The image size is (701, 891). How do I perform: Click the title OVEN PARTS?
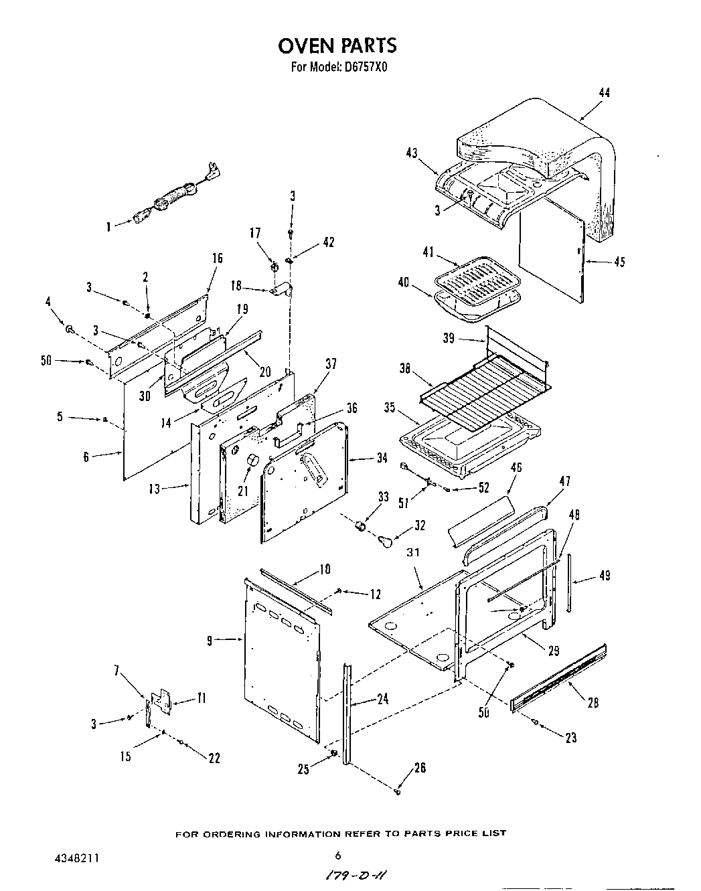pyautogui.click(x=337, y=46)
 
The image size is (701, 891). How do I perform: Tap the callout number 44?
pyautogui.click(x=604, y=93)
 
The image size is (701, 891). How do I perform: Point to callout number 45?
pyautogui.click(x=619, y=262)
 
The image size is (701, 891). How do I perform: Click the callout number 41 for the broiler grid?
pyautogui.click(x=429, y=252)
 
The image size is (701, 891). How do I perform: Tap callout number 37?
pyautogui.click(x=330, y=364)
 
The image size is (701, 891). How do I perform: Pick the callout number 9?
pyautogui.click(x=210, y=641)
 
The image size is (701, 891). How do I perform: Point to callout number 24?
pyautogui.click(x=382, y=700)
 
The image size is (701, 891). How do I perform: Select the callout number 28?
pyautogui.click(x=593, y=702)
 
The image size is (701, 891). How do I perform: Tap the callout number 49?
pyautogui.click(x=605, y=575)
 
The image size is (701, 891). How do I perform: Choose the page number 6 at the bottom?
pyautogui.click(x=338, y=855)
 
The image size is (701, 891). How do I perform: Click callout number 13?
pyautogui.click(x=155, y=489)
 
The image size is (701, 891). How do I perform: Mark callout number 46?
pyautogui.click(x=516, y=467)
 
